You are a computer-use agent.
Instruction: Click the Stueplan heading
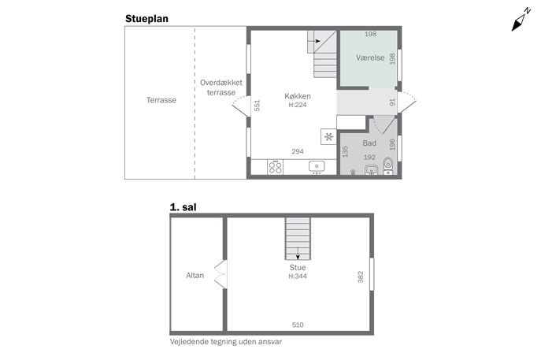point(146,19)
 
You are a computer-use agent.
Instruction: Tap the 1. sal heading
point(183,207)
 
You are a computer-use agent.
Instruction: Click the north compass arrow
point(521,20)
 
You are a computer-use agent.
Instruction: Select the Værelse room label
point(370,58)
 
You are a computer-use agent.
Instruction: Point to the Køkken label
point(298,96)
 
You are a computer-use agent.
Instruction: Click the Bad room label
point(369,143)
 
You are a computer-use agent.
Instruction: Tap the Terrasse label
point(161,100)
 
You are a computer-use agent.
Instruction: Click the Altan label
point(195,275)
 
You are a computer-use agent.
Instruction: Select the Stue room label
point(298,268)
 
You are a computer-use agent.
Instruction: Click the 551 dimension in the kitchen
point(257,106)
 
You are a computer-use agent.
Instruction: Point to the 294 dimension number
point(298,151)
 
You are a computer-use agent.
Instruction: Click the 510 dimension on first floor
point(298,325)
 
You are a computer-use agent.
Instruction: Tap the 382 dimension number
point(361,276)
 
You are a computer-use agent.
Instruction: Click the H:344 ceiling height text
point(298,276)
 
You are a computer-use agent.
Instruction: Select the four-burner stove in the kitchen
point(276,167)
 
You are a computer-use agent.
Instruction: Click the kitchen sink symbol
point(317,167)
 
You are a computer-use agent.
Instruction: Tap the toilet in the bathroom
point(388,165)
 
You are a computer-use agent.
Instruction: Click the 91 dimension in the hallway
point(392,102)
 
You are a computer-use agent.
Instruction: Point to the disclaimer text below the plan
point(226,342)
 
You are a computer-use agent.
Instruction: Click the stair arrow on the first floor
point(298,254)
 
